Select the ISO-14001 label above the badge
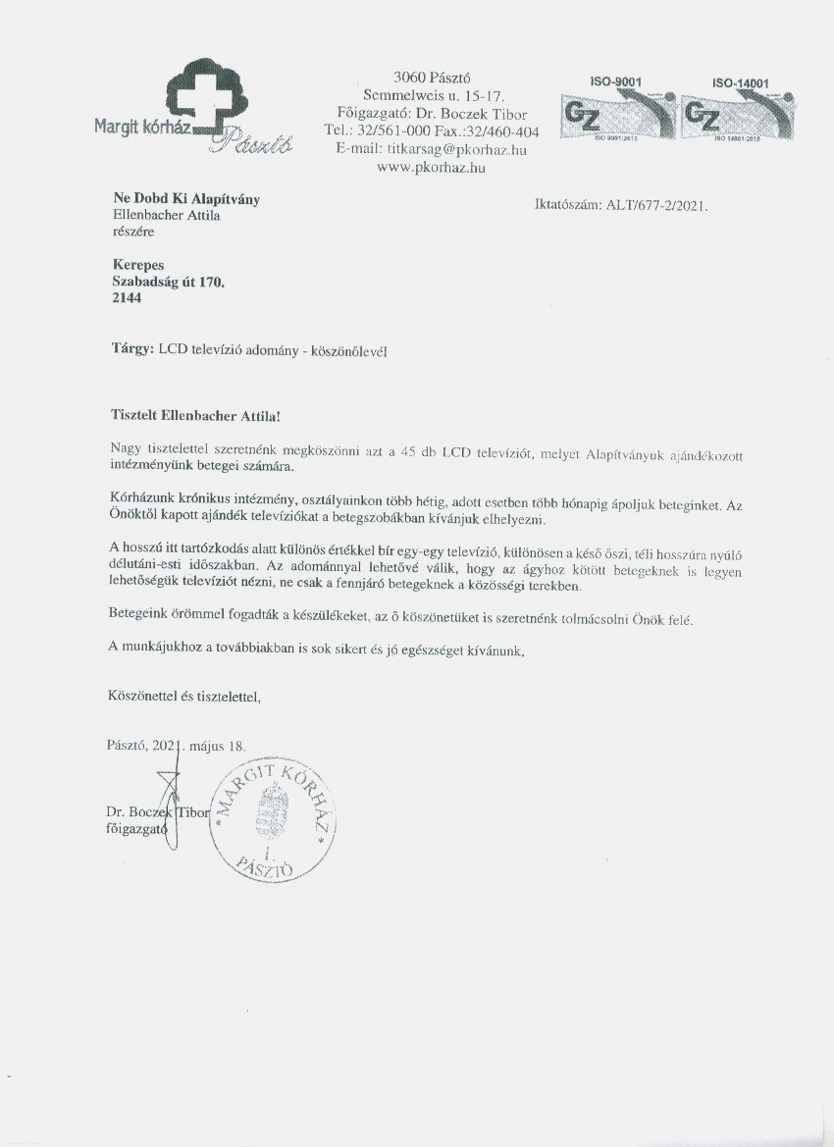[738, 84]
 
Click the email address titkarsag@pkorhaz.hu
[432, 149]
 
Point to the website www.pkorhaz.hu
[432, 168]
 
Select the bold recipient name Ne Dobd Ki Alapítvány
[186, 199]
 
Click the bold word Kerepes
[137, 265]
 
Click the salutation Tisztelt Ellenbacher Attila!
[195, 416]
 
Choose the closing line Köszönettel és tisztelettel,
[183, 698]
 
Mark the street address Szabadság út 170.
[169, 282]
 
